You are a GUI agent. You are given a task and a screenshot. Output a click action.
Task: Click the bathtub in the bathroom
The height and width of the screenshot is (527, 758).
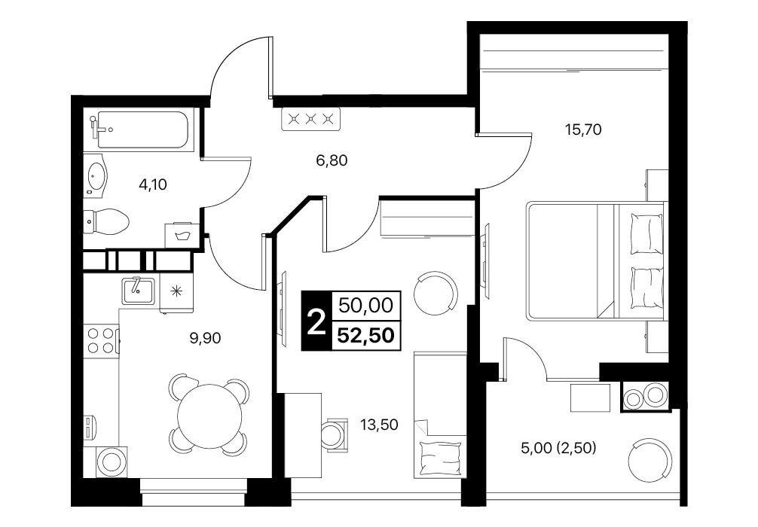[142, 129]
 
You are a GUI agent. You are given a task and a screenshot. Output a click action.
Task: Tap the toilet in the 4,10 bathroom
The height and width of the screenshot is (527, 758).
[106, 222]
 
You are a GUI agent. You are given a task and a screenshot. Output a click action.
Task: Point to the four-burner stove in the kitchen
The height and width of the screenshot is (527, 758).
[101, 340]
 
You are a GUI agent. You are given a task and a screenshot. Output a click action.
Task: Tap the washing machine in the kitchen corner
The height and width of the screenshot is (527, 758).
[110, 462]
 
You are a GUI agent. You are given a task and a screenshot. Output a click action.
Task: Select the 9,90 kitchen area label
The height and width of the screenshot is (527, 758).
[205, 338]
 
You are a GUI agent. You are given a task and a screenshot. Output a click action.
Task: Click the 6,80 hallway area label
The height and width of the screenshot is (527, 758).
[332, 160]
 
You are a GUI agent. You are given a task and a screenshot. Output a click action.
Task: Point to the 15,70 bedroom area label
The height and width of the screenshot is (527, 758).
[583, 129]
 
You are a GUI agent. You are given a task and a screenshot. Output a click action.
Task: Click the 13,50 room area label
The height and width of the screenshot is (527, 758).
[379, 425]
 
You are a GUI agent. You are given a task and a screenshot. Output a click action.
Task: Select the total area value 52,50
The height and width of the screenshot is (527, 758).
[366, 334]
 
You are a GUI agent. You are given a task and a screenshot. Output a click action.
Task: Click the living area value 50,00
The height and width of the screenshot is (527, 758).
[366, 305]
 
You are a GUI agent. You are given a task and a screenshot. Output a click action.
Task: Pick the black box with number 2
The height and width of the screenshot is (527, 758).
[316, 321]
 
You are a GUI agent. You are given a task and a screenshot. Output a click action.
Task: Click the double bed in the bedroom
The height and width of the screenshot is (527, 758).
[595, 260]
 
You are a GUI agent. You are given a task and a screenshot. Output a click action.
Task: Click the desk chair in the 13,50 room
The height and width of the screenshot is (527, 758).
[335, 434]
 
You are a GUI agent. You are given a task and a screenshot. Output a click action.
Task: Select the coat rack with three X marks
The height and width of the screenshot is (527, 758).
[311, 119]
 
